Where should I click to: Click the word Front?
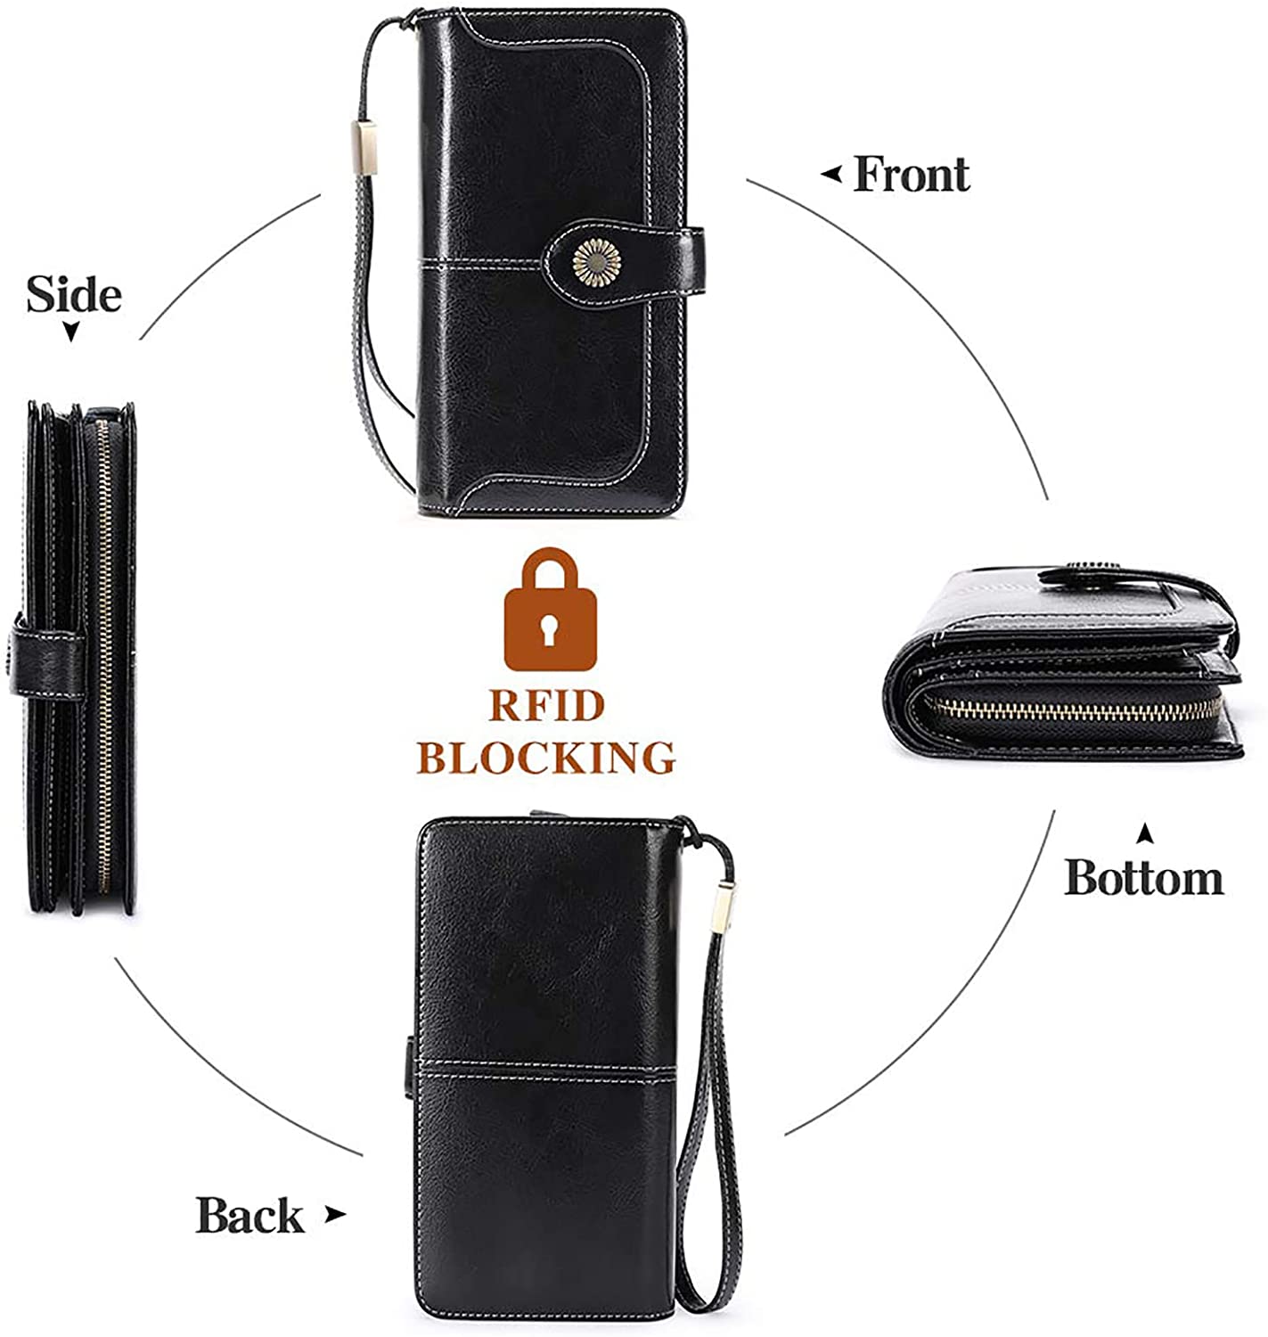coord(911,174)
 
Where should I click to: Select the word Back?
coord(249,1215)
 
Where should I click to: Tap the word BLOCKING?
coord(546,758)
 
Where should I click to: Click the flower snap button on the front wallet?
coord(596,263)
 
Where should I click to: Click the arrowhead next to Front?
coord(830,175)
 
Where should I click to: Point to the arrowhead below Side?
coord(70,332)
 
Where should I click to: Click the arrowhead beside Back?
coord(335,1214)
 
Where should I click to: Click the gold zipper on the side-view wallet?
coord(103,656)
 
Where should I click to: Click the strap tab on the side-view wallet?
coord(47,664)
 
